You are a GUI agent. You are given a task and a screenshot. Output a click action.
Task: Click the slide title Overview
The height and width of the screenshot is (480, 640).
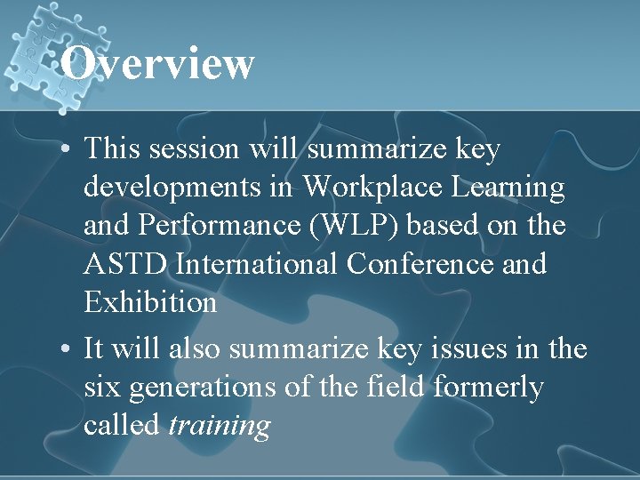click(158, 64)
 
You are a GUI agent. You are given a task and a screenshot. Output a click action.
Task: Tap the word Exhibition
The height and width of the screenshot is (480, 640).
click(150, 303)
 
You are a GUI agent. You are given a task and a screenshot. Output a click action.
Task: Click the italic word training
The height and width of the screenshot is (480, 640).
click(219, 427)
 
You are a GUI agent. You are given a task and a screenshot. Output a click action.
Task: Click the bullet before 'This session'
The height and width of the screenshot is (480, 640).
click(67, 150)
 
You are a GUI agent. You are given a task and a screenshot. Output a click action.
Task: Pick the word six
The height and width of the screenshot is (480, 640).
click(103, 388)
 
